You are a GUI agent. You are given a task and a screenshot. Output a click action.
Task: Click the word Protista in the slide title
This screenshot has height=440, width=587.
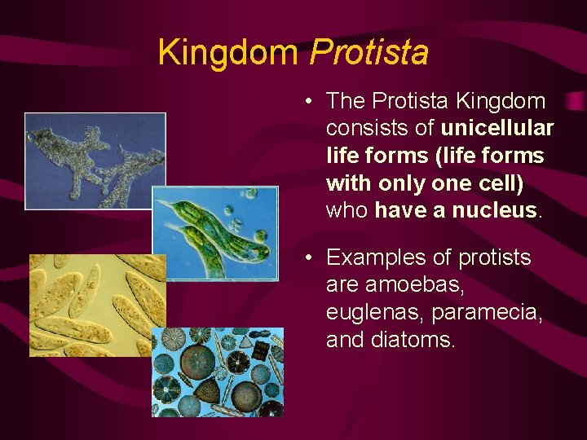point(369,53)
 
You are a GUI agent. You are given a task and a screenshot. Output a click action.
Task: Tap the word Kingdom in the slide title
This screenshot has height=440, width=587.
point(229,53)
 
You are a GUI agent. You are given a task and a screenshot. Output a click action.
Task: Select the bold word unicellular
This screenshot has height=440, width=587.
point(497,129)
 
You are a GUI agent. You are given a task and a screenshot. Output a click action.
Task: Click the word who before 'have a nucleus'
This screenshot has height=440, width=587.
point(347,211)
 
